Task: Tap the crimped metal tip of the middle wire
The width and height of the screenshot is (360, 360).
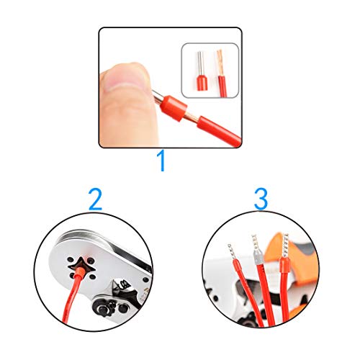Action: (254, 246)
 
